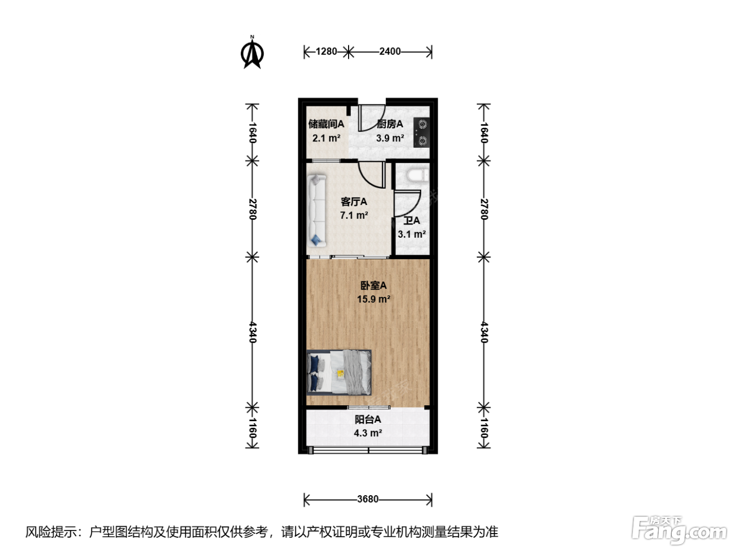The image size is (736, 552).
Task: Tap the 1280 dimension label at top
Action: point(326,52)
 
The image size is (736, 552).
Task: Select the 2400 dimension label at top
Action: point(390,52)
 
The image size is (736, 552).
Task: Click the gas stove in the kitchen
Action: point(422,132)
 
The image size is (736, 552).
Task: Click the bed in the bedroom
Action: point(339,372)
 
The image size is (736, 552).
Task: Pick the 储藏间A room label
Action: point(326,124)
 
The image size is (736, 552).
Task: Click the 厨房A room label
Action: point(390,124)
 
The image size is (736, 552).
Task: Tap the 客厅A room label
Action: point(354,202)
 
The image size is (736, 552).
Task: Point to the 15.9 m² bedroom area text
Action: point(374,299)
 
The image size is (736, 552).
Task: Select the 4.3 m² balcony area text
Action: point(368,433)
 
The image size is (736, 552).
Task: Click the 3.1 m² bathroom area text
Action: point(412,234)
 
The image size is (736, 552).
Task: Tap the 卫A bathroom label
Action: point(412,220)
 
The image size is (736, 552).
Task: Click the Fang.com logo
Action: point(679,530)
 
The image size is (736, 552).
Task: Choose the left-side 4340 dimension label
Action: point(253,332)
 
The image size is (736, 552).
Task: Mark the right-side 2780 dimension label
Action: point(484,209)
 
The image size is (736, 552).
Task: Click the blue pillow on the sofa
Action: point(316,240)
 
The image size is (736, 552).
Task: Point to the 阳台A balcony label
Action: point(368,420)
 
